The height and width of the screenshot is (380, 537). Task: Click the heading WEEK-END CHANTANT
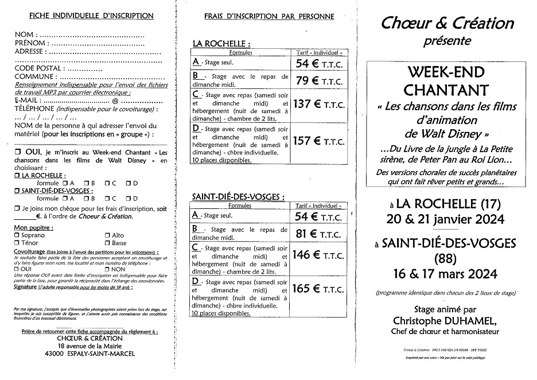click(446, 82)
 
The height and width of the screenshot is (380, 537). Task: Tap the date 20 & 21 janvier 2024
click(446, 219)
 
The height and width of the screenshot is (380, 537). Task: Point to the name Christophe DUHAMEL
click(446, 320)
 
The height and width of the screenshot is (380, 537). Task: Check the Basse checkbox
click(107, 243)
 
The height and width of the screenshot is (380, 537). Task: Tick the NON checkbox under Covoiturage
click(107, 269)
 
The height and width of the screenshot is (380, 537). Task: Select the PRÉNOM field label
click(31, 42)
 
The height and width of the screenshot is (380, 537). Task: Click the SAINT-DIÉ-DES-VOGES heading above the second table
click(238, 196)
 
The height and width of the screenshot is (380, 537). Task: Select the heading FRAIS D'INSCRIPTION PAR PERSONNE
click(268, 17)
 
